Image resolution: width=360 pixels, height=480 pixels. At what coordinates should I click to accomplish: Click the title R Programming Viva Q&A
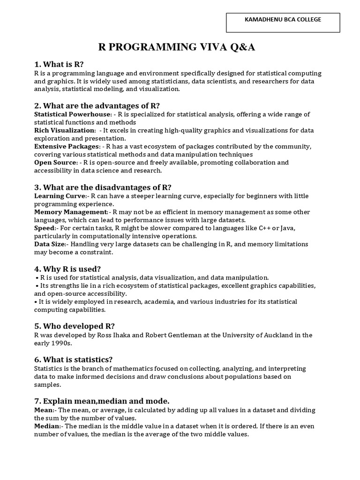tap(177, 47)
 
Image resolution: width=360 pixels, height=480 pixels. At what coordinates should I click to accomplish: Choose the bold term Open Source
tap(55, 163)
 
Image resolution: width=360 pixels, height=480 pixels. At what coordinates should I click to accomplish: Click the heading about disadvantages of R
tap(103, 187)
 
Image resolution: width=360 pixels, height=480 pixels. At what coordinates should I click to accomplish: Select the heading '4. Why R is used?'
tap(67, 269)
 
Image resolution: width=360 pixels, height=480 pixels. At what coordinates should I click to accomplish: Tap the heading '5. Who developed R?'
tap(75, 326)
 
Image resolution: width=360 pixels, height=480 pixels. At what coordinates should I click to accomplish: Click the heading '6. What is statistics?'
tap(73, 360)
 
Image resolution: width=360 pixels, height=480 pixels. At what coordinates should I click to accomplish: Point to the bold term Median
tap(47, 426)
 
